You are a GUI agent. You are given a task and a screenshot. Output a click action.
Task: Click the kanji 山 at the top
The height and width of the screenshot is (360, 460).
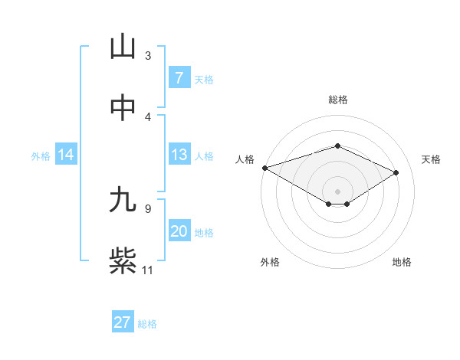pos(123,47)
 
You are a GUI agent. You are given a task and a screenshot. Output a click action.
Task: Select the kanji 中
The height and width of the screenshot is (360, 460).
pos(123,108)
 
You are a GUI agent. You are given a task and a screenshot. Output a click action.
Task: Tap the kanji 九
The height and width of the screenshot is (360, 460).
pos(123,200)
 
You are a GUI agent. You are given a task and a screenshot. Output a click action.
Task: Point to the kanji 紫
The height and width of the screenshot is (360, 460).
pos(123,261)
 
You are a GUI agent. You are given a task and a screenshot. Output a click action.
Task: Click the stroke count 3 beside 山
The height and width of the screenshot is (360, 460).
pos(148,56)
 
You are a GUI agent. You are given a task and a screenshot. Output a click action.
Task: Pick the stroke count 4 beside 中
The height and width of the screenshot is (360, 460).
pos(148,116)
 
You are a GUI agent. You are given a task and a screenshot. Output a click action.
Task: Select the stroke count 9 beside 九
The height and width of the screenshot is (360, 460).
pos(148,208)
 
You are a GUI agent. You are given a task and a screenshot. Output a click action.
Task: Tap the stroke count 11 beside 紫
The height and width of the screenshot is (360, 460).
pos(148,270)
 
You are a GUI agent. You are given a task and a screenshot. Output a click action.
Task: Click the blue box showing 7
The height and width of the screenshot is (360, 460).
pos(179,77)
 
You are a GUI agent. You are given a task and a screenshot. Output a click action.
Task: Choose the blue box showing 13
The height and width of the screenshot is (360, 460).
pos(179,155)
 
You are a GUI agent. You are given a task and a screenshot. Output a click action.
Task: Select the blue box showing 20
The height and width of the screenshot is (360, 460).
pos(179,231)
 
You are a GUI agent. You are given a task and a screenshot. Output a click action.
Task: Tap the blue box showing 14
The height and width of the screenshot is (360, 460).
pos(66,155)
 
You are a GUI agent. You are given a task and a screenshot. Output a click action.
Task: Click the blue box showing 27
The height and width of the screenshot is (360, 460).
pos(123,322)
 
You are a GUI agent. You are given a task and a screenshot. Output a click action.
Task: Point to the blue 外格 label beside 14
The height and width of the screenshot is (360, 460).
pos(41,155)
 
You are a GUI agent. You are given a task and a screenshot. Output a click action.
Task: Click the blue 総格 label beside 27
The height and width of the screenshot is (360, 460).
pos(147,323)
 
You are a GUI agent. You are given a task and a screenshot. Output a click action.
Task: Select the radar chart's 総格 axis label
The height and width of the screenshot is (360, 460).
pos(337,100)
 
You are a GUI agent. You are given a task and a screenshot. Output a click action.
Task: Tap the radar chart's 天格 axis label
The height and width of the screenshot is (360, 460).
pos(431,159)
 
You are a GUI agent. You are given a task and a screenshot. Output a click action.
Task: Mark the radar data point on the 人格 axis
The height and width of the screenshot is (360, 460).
pos(264,168)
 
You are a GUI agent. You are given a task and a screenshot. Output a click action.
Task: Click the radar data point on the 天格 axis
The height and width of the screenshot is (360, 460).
pos(396,172)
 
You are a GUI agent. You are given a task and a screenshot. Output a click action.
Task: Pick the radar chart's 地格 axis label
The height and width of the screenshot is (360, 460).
pos(402,262)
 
